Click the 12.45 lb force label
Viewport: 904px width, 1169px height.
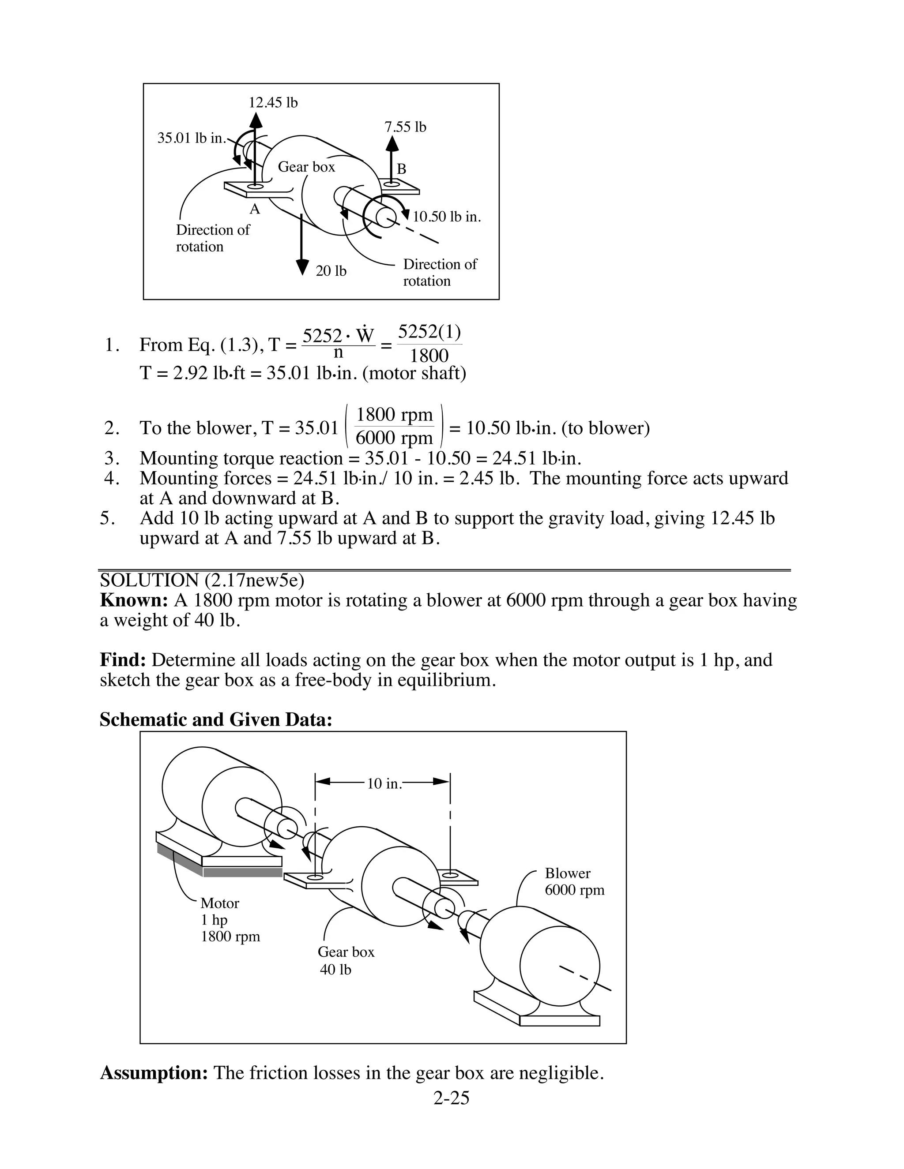click(273, 102)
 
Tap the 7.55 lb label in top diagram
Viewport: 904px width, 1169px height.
click(405, 127)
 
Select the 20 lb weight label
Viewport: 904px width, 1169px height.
click(331, 271)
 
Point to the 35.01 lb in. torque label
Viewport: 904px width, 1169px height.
click(192, 138)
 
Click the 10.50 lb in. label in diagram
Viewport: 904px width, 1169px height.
click(447, 217)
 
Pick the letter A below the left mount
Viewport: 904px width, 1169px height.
click(255, 209)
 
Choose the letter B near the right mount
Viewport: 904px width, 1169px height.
click(401, 169)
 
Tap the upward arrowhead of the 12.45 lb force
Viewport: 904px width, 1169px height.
click(256, 119)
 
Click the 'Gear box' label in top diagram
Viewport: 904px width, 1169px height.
click(306, 167)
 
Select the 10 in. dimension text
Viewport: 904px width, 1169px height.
click(384, 783)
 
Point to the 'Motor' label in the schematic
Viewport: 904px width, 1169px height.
click(219, 903)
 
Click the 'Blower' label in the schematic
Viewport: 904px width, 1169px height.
click(568, 873)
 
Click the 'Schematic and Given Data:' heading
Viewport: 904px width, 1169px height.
click(216, 719)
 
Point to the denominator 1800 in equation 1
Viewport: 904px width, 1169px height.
click(429, 356)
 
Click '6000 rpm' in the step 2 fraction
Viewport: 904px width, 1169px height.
click(394, 438)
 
